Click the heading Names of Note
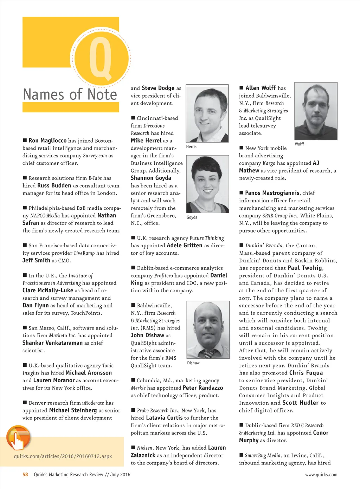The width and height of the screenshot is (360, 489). click(70, 94)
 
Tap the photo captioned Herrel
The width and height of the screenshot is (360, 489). click(207, 113)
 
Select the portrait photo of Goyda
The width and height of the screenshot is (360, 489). click(207, 184)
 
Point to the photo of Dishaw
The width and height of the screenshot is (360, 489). click(207, 330)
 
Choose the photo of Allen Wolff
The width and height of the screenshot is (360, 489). click(316, 111)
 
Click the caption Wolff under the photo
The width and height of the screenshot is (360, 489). click(300, 144)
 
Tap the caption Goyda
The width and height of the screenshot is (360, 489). click(192, 217)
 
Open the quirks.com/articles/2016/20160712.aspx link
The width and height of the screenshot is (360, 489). click(63, 456)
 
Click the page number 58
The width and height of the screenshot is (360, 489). click(25, 475)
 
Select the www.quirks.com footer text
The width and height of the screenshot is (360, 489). click(321, 475)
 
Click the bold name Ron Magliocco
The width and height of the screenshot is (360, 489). click(47, 141)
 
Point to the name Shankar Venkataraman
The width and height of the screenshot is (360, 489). click(53, 343)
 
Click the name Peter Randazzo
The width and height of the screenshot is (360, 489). click(203, 388)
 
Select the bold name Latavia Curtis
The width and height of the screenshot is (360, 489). click(164, 418)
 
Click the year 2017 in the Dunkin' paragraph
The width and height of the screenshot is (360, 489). click(245, 298)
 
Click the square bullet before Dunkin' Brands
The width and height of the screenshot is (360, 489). click(242, 245)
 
